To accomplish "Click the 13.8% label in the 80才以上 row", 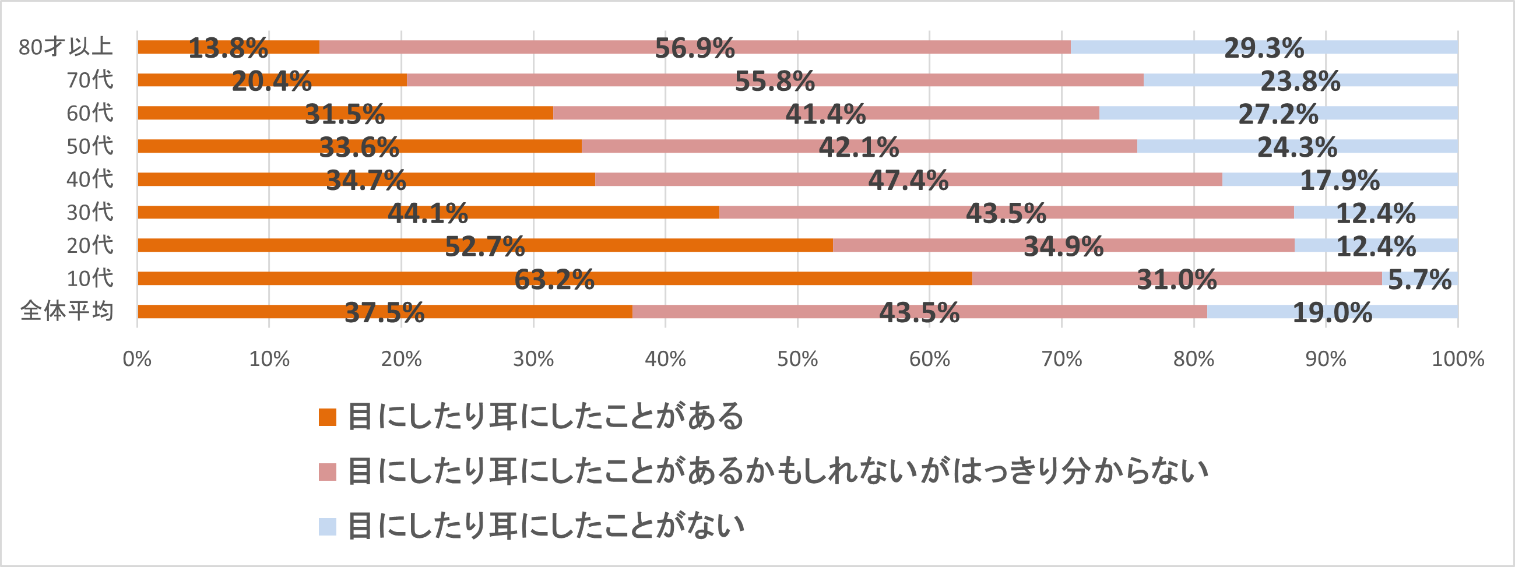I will [x=228, y=48].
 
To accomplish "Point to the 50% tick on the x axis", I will [x=797, y=359].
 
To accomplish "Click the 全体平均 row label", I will [x=66, y=311].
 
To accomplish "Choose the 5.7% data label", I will [x=1420, y=279].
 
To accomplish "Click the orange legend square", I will [x=327, y=417].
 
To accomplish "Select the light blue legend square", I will [x=327, y=526].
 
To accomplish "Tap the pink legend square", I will [x=327, y=471].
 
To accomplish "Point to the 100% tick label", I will [x=1457, y=359].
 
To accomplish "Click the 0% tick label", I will [x=137, y=359].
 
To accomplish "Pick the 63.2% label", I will [x=554, y=279].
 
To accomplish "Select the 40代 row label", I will [x=89, y=179].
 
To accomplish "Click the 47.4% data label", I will [x=908, y=180].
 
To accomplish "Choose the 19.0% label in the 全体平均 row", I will [x=1332, y=312].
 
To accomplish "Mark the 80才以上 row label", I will [x=65, y=47].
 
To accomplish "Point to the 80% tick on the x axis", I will [x=1193, y=359].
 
